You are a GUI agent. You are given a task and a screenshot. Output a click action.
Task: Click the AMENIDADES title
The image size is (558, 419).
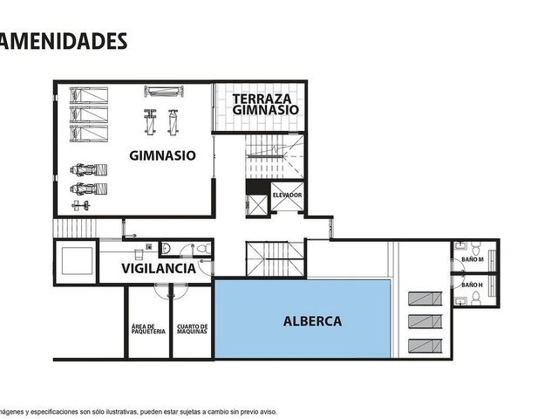point(63,41)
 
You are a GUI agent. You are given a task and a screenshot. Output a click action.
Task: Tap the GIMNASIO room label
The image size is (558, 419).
point(162,155)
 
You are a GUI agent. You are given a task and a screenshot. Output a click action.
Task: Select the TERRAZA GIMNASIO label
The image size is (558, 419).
point(265,104)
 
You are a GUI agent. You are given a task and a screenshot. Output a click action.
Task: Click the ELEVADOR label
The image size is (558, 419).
point(287,196)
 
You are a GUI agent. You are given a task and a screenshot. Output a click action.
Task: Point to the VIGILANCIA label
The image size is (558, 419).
point(159,269)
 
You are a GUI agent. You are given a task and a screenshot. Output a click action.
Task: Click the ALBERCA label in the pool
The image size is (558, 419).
point(312,321)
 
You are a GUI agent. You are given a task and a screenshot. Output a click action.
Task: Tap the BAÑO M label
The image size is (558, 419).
point(473,259)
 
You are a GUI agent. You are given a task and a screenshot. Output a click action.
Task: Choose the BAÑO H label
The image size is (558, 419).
point(472,285)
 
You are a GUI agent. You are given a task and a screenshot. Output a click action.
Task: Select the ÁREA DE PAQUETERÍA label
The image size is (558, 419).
point(148,329)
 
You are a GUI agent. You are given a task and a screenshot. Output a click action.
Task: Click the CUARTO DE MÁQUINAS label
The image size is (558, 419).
point(192,329)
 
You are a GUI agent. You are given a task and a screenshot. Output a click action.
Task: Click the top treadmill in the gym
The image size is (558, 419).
point(89,95)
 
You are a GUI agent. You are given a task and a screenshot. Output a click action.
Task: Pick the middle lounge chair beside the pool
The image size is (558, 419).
point(425,322)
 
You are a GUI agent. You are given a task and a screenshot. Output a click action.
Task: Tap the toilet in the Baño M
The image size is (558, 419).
point(475,247)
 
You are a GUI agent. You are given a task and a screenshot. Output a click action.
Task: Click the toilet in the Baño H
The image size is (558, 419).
point(476,299)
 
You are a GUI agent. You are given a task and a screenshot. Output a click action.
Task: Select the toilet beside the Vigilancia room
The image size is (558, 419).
point(203,248)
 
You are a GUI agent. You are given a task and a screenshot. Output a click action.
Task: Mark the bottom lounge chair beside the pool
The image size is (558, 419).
point(425,346)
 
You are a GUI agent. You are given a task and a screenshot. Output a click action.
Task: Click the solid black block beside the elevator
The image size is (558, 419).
point(258,187)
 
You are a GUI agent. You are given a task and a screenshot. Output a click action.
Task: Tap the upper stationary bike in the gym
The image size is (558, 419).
point(89,169)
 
